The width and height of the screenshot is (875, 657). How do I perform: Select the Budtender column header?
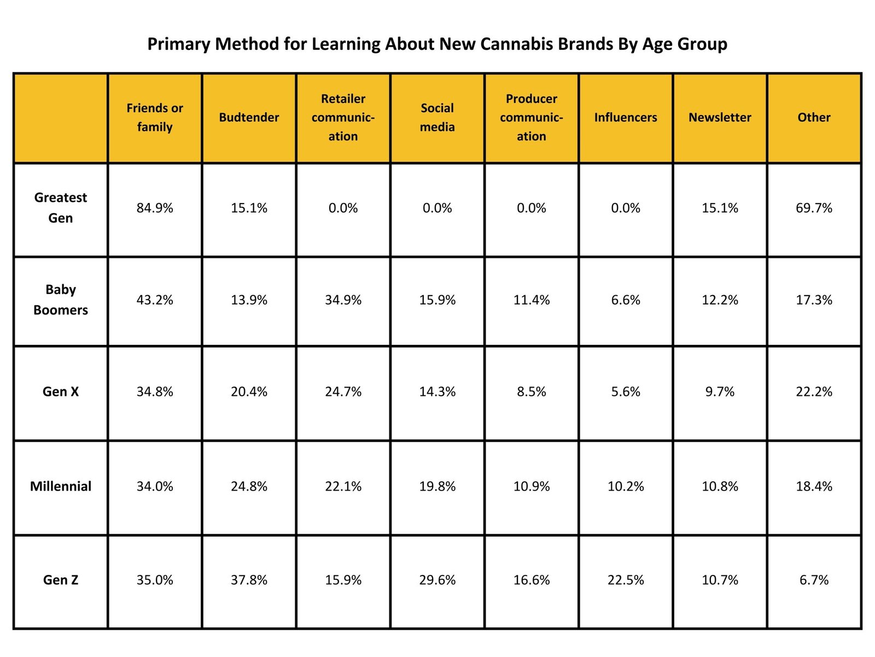(x=249, y=117)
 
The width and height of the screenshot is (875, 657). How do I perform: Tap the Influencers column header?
(x=626, y=117)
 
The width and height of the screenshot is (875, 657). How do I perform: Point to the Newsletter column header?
(x=720, y=117)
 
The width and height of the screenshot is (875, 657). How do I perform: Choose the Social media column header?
(x=437, y=117)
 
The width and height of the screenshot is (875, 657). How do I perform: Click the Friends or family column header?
(x=155, y=117)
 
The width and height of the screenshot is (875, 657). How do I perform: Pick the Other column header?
(x=814, y=117)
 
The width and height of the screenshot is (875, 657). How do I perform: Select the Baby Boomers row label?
(x=61, y=299)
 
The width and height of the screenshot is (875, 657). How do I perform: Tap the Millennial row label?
(x=61, y=486)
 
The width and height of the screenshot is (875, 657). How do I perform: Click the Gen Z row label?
(x=61, y=580)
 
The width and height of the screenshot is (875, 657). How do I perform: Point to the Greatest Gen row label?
(x=61, y=208)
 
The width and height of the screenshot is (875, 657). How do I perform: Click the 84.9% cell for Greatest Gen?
(x=155, y=208)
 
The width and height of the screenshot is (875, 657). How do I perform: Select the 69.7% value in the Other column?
(x=814, y=208)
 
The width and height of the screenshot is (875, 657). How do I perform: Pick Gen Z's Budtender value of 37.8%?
(x=249, y=580)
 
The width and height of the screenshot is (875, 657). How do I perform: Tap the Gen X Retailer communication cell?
(x=343, y=391)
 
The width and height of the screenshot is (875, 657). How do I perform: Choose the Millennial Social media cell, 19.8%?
(x=437, y=486)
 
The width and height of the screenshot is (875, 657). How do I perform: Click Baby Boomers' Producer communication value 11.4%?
(x=532, y=300)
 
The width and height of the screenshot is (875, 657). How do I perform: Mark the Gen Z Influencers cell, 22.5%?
(x=626, y=580)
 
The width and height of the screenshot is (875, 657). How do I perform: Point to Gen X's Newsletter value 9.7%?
(x=720, y=391)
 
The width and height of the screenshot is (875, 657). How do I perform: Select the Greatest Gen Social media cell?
(x=437, y=208)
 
